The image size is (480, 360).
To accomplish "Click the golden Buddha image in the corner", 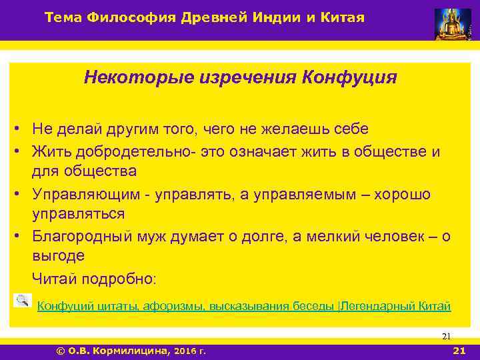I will pos(453,24).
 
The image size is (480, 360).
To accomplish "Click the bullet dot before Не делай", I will pos(22,128).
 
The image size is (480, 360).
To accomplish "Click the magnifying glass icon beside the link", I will pos(22,301).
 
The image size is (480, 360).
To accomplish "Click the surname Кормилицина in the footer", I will pos(130,351).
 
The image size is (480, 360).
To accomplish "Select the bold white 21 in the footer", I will pos(458,351).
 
